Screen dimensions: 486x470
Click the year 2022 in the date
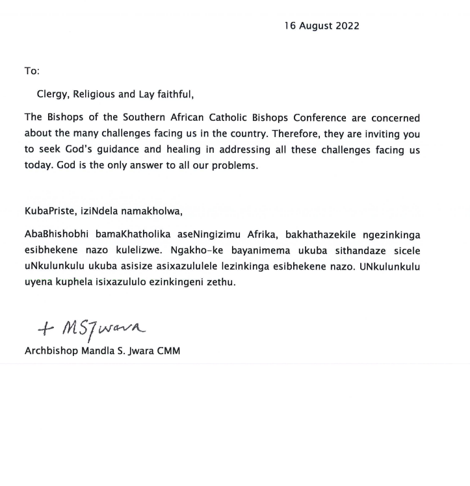(x=346, y=26)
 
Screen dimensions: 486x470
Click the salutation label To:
(x=32, y=71)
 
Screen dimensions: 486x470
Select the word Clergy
(x=53, y=95)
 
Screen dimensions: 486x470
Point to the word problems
(x=234, y=166)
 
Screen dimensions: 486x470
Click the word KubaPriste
(x=49, y=211)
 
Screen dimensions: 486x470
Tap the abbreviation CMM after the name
(x=166, y=351)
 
